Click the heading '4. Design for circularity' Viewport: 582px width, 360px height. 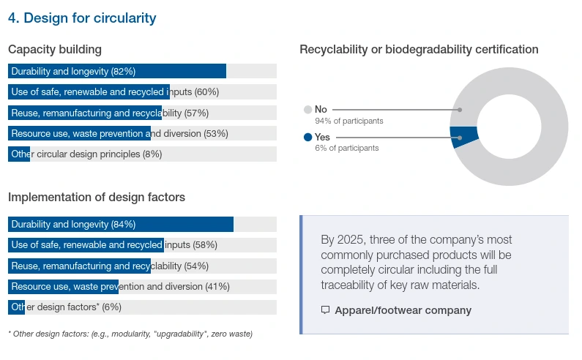pos(82,18)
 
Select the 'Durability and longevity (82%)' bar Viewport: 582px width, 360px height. pos(117,71)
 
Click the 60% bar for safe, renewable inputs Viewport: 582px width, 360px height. pos(89,92)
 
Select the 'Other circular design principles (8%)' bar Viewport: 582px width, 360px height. pos(19,154)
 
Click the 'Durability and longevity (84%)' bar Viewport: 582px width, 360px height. pos(121,224)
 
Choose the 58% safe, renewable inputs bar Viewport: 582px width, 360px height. pos(86,245)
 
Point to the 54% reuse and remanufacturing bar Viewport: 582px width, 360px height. pos(79,266)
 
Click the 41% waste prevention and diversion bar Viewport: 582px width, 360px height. pos(63,286)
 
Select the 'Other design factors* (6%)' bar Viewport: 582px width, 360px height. pos(16,307)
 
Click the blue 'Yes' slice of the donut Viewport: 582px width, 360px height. pos(464,137)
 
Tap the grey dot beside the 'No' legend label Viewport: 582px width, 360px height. pos(307,110)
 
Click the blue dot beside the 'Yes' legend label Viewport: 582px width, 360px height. pos(307,137)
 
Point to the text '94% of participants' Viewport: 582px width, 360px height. pos(348,121)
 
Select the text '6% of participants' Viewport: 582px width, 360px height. pos(346,148)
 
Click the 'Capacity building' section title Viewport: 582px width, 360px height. pos(55,50)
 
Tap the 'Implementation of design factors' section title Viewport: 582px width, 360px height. pos(97,198)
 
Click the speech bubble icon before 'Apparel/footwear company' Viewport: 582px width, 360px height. pos(326,310)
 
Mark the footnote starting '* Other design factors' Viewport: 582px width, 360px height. pos(130,334)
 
